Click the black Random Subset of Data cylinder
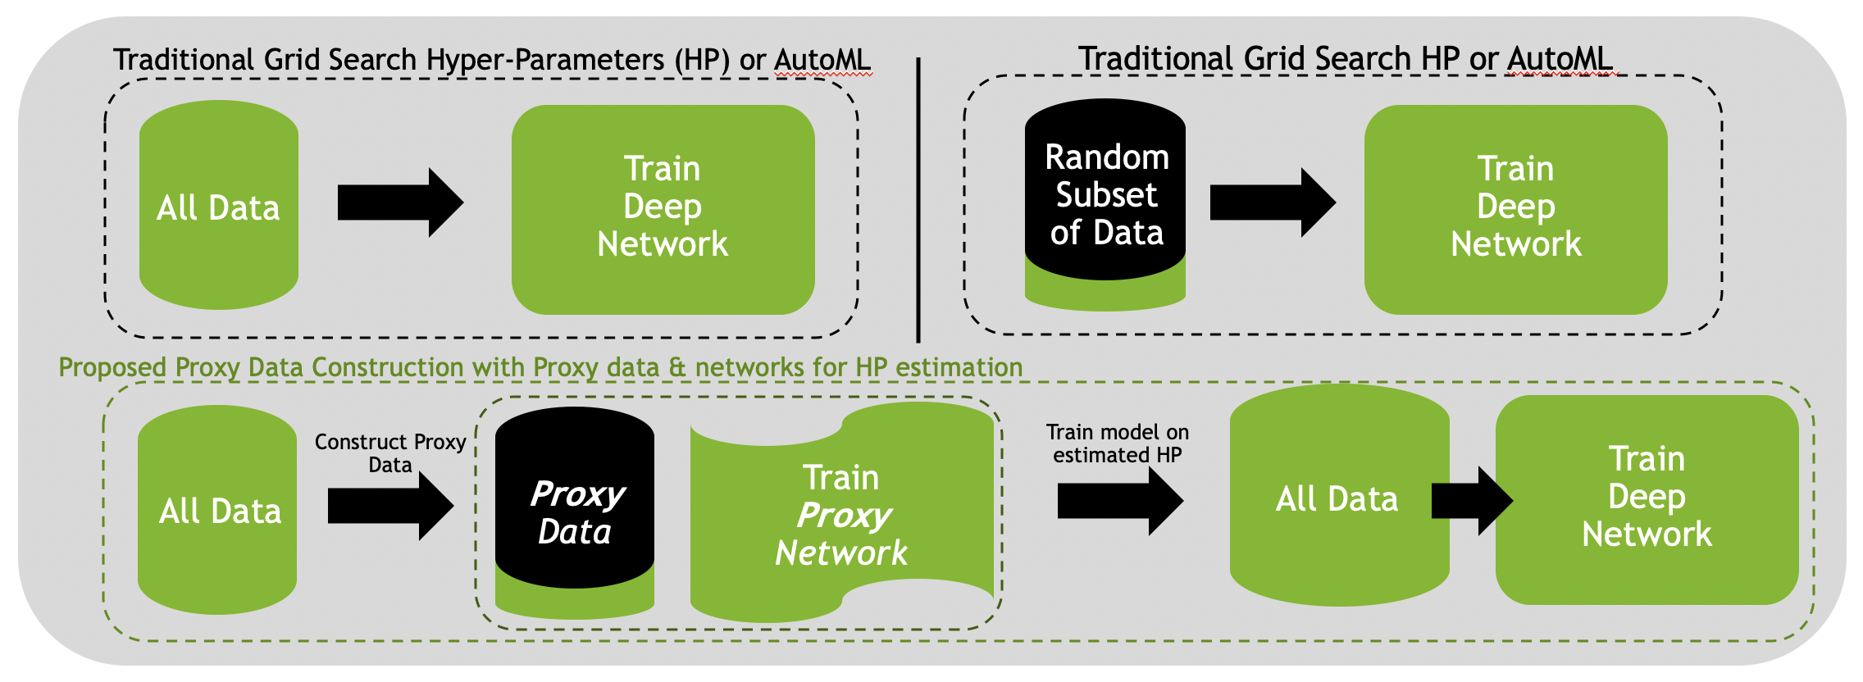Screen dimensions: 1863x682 tap(1105, 189)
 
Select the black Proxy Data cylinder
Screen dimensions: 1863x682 tap(575, 498)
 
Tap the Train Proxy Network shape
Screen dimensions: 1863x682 tap(842, 512)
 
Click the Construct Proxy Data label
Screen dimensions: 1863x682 tap(390, 453)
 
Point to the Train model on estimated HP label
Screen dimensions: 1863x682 tap(1118, 443)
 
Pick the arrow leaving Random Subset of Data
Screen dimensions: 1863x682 tap(1273, 203)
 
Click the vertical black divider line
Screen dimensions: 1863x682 tap(918, 200)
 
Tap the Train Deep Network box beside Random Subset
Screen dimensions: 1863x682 tap(1516, 210)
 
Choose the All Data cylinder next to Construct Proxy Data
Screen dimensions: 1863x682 tap(217, 510)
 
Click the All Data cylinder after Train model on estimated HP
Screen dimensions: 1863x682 tap(1340, 495)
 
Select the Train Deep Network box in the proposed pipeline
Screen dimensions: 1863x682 tap(1647, 500)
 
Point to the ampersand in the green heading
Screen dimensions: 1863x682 tap(677, 367)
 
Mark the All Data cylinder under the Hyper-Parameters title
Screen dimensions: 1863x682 tap(219, 205)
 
